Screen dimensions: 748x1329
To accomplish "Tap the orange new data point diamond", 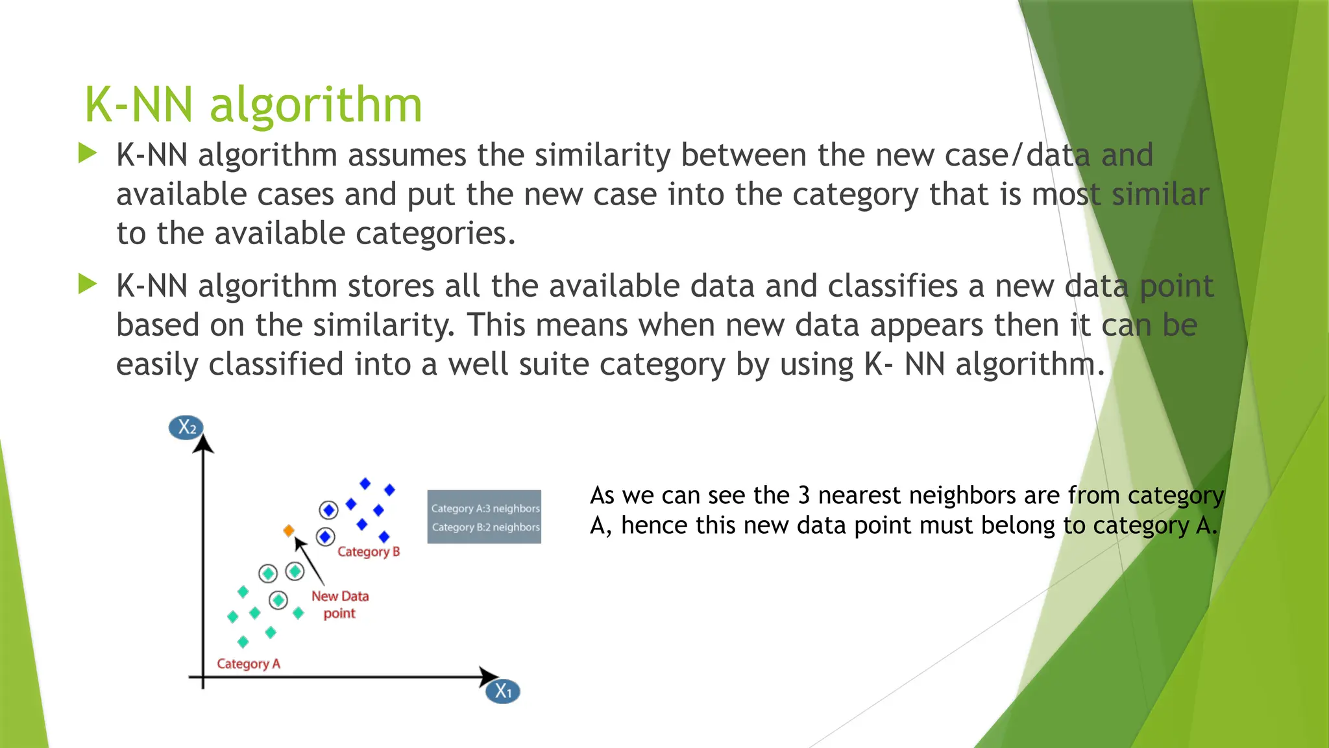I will tap(289, 530).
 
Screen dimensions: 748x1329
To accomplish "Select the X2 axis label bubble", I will tap(186, 427).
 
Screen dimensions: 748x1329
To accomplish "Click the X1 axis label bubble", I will tap(503, 691).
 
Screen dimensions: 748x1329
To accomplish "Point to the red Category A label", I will tap(249, 664).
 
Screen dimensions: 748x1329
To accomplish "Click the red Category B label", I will tap(369, 552).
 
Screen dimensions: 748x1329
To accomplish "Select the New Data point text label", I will tap(339, 605).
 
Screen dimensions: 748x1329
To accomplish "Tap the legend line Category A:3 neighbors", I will tap(485, 508).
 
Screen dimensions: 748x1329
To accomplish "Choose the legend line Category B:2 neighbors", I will tap(485, 527).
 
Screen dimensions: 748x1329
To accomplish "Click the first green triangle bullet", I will tap(87, 154).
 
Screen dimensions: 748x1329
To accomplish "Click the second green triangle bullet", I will tap(87, 284).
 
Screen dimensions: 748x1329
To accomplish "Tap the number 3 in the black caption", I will tap(804, 495).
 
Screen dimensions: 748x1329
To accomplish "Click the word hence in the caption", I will tap(653, 525).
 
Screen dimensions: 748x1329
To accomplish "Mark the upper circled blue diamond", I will tap(329, 510).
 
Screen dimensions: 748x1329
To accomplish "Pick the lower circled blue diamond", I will tap(325, 537).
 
